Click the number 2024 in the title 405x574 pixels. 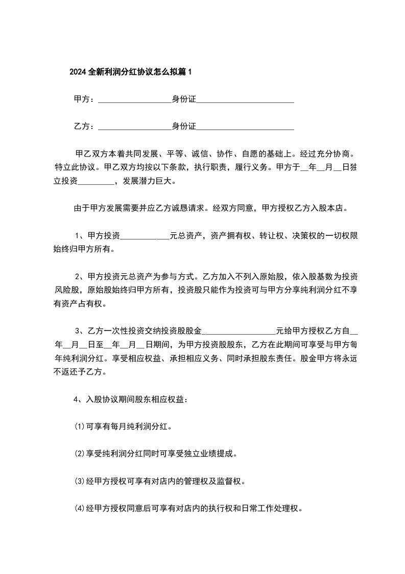coord(78,72)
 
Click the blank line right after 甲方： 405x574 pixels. coord(134,100)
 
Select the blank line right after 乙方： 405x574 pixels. coord(134,126)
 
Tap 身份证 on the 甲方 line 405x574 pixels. coord(184,99)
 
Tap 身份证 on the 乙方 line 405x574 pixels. coord(184,126)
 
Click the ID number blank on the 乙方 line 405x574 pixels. coord(245,126)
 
